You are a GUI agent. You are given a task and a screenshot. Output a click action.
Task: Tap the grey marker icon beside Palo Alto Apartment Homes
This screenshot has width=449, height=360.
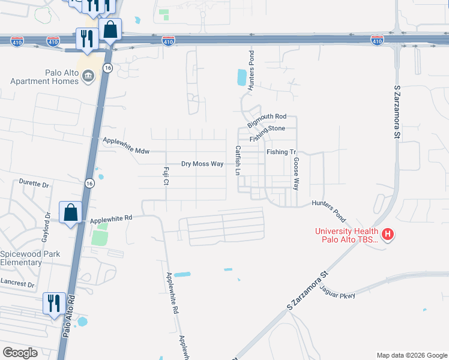(88, 76)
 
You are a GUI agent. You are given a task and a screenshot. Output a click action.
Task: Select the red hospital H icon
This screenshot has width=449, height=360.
(387, 234)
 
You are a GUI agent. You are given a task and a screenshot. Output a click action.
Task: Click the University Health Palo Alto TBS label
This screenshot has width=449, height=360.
(348, 235)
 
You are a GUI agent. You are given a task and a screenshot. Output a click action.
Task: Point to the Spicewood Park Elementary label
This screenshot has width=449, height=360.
(29, 258)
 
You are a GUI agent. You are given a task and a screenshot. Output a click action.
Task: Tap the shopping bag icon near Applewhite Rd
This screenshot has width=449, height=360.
(70, 212)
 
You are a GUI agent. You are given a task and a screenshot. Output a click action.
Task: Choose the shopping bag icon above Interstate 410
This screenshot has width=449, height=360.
(110, 28)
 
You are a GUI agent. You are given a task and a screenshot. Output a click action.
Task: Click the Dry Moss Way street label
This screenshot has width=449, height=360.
(202, 164)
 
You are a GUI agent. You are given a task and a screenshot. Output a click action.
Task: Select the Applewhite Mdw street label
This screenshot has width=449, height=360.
(126, 145)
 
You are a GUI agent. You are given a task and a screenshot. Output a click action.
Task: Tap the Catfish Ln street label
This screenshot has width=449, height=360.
(238, 160)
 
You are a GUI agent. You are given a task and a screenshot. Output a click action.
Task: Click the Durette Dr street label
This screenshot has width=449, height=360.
(34, 183)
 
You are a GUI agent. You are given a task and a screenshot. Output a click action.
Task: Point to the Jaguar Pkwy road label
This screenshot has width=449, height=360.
(339, 293)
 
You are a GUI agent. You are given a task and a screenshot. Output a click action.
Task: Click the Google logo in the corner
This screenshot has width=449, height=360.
(20, 353)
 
